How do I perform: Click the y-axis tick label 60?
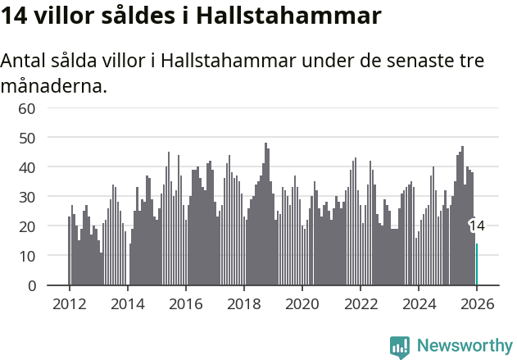coord(27,108)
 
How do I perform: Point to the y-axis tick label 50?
coord(27,138)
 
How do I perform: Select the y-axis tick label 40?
coord(27,167)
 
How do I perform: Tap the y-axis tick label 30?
coord(27,197)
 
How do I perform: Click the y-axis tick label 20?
coord(27,226)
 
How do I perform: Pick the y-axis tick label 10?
coord(27,256)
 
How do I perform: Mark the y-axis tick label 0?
coord(31,285)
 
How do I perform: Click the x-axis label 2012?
coord(69,303)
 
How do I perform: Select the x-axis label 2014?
coord(127,303)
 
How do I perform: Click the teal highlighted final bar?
coord(477,265)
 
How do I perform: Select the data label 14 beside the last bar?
coord(477,226)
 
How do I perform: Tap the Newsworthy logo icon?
coord(400,346)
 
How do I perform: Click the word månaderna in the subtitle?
coord(54,84)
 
